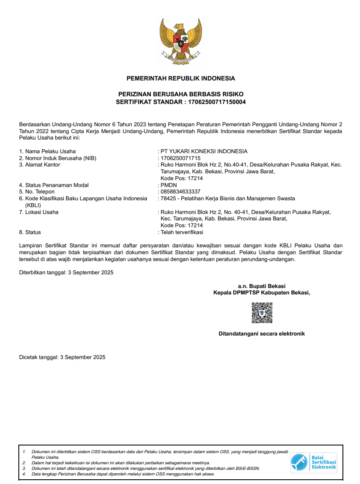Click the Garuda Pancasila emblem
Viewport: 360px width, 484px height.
tap(180, 41)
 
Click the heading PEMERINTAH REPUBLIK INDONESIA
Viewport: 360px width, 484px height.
tap(180, 78)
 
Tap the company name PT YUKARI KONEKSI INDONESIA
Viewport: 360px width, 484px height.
tap(204, 151)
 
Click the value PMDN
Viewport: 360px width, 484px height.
tap(168, 185)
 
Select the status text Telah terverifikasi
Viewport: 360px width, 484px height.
tap(182, 232)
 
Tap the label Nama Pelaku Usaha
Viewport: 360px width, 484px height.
tap(50, 151)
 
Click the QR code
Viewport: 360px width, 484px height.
tap(262, 313)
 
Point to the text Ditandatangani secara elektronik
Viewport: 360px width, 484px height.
tap(262, 334)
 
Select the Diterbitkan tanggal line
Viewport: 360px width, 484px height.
tap(66, 273)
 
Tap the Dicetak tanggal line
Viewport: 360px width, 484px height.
tap(62, 357)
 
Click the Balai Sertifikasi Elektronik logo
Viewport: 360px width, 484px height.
tap(314, 463)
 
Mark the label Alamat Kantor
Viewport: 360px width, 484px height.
tap(42, 165)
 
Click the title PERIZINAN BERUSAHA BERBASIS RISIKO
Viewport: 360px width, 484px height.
tap(180, 94)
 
